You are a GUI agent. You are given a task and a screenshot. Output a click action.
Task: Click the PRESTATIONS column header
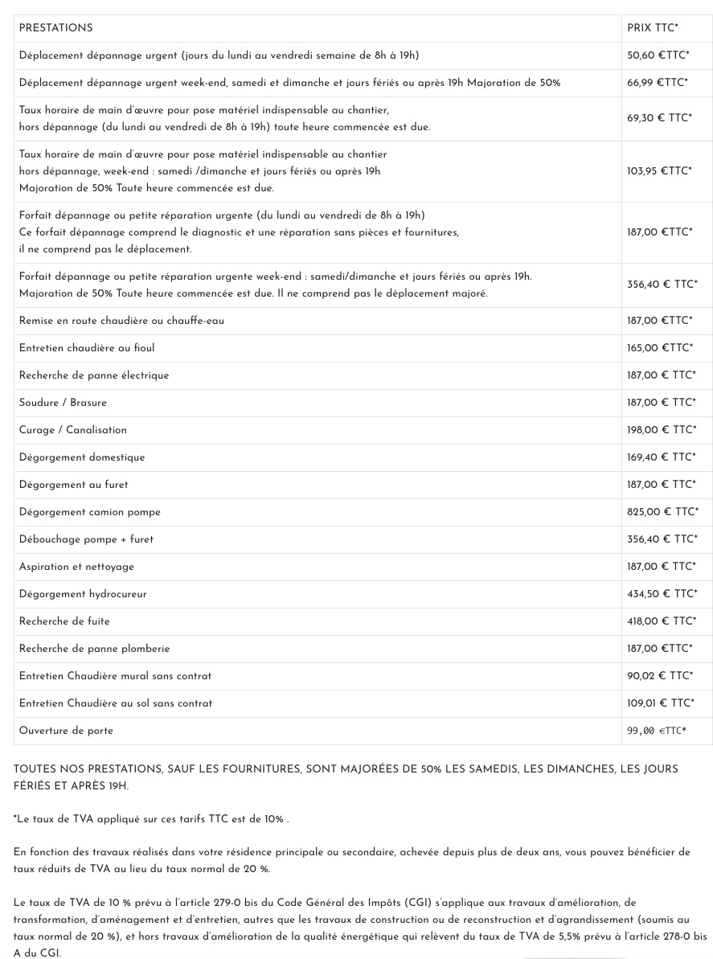point(55,28)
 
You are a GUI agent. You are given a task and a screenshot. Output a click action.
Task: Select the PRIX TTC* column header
point(652,28)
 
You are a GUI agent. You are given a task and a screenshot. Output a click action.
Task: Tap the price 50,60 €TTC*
point(658,55)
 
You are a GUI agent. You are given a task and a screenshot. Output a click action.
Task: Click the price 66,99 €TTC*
point(657,83)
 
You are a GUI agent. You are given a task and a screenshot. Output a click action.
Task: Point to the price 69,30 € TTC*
point(659,118)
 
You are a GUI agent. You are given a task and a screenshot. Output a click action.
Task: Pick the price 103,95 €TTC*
point(659,171)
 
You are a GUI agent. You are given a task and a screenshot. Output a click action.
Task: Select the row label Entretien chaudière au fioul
point(87,348)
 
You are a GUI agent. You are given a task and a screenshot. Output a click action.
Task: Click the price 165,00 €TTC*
point(659,348)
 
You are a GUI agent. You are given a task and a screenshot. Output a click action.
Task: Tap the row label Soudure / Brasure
point(63,403)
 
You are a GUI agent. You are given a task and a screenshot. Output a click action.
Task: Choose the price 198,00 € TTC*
point(662,430)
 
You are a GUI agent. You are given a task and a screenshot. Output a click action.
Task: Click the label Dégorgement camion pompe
point(90,512)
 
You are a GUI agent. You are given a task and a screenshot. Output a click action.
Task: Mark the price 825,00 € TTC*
point(662,512)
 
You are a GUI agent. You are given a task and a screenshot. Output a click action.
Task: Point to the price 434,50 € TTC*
point(662,594)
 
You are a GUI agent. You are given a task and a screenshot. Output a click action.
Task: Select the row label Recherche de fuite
point(64,621)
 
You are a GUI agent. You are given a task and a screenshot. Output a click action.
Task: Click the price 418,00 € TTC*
point(662,621)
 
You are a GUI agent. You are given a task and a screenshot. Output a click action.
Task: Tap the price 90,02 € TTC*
point(659,676)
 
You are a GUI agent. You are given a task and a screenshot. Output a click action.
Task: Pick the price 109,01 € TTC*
point(661,703)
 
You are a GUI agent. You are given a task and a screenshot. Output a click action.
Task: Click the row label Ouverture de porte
point(66,731)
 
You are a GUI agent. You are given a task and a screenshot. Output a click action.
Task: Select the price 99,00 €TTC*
point(657,731)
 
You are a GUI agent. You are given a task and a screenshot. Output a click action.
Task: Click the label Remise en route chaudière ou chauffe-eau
point(121,321)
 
